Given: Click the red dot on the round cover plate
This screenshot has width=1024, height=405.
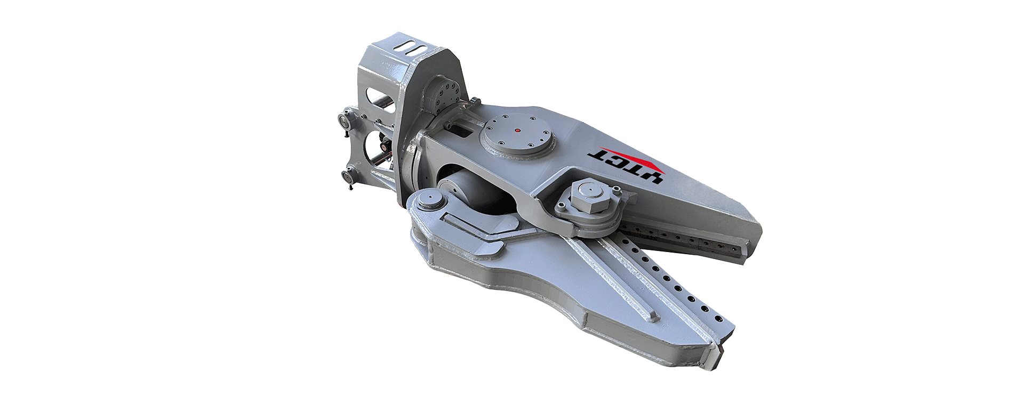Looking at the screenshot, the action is click(x=517, y=129).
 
